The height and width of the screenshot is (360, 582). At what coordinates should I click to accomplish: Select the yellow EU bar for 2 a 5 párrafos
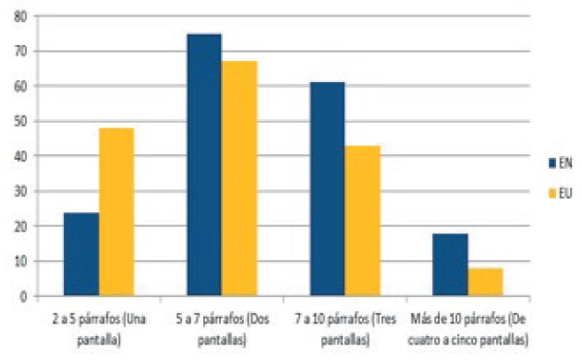click(x=116, y=212)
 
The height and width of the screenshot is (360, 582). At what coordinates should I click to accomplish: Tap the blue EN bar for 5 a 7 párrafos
click(x=204, y=165)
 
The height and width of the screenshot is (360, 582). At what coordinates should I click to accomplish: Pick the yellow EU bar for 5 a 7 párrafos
click(x=239, y=179)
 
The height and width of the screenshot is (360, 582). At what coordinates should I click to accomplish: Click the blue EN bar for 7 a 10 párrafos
click(x=327, y=189)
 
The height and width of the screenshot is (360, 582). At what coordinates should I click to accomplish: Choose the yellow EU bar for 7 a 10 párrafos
click(x=362, y=221)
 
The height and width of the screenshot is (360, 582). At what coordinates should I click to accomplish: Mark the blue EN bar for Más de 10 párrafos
click(x=450, y=265)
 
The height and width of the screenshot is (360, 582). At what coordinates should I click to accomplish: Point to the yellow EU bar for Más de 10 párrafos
click(x=485, y=282)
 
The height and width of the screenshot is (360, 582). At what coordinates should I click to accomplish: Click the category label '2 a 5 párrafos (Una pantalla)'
click(x=99, y=326)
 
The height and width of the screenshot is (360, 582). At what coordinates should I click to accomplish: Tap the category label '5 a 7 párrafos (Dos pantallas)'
click(x=222, y=326)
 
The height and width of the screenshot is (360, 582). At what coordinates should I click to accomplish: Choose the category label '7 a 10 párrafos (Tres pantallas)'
click(x=345, y=326)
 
